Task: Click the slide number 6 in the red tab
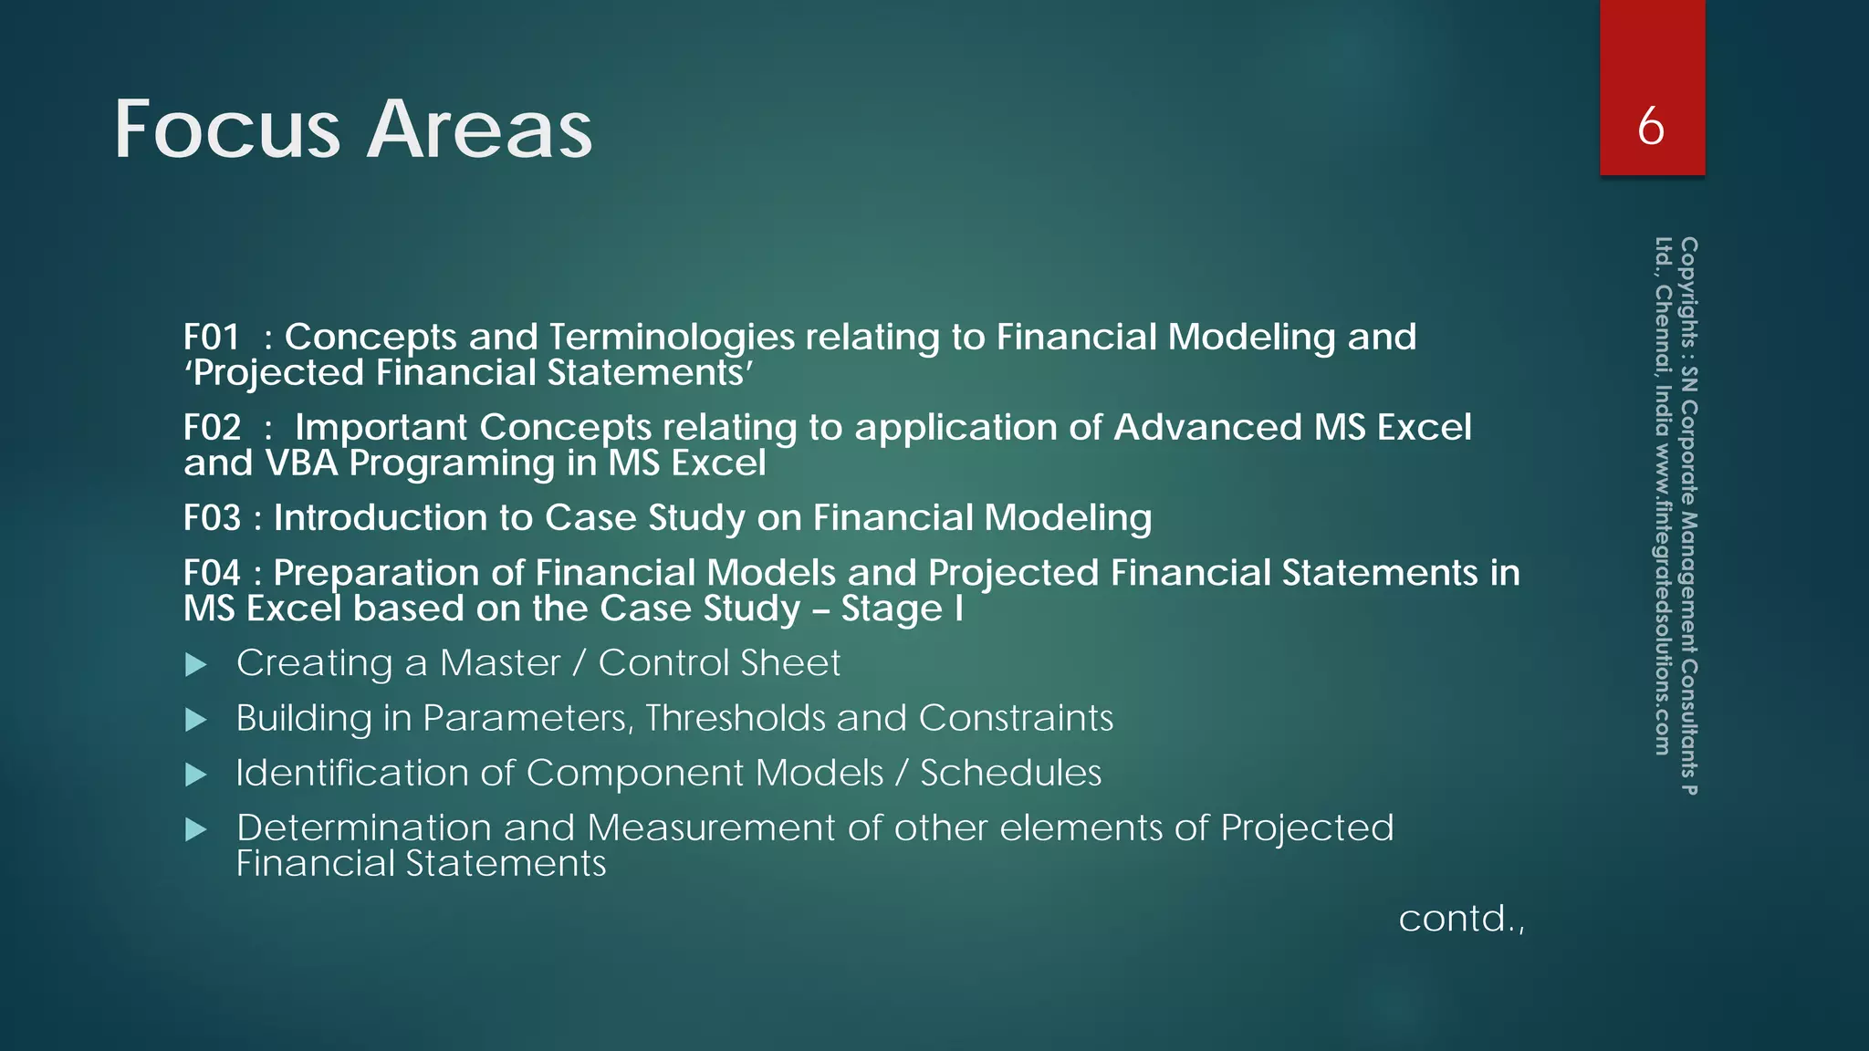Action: pos(1651,126)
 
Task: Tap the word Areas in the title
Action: pos(480,130)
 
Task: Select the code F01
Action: pos(212,338)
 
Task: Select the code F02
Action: pos(212,428)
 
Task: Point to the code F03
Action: pos(212,518)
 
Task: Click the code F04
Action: pos(212,573)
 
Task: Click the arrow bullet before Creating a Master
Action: pos(196,665)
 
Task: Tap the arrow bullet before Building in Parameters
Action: pos(196,720)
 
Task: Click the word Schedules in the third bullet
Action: pos(1010,774)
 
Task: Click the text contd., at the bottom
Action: pos(1461,919)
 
